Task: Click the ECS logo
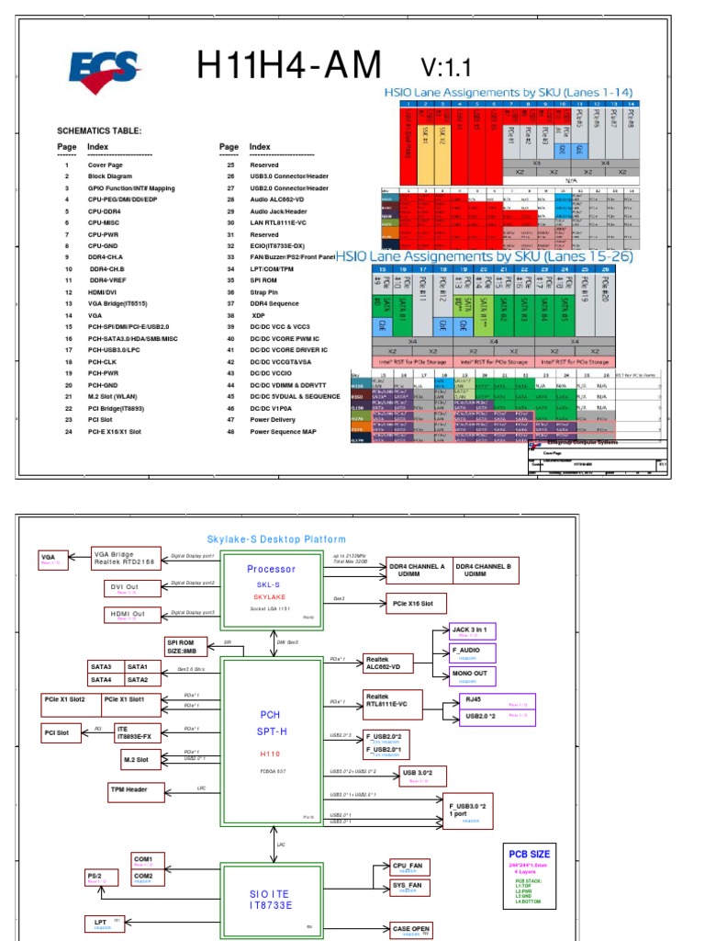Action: [x=103, y=71]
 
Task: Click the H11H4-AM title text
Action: [x=289, y=66]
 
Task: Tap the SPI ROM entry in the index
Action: [x=265, y=280]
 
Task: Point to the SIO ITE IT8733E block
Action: [x=271, y=900]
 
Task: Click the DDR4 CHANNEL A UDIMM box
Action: [x=417, y=570]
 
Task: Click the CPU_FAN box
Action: [x=407, y=867]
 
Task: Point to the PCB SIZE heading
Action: [x=531, y=853]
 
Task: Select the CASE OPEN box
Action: [x=410, y=930]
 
